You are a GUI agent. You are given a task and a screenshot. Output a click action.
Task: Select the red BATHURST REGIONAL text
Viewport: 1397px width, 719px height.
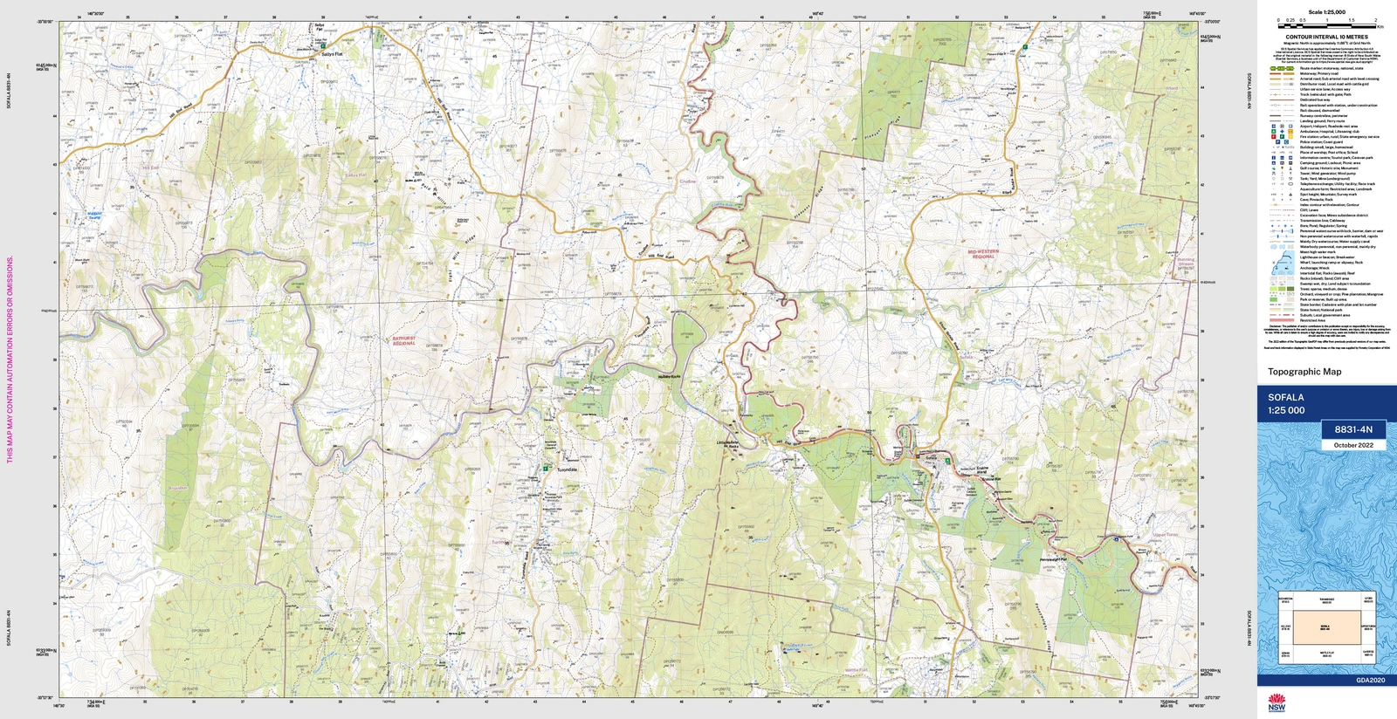coord(403,340)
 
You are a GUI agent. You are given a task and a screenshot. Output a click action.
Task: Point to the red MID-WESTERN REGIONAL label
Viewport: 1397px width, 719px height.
coord(982,254)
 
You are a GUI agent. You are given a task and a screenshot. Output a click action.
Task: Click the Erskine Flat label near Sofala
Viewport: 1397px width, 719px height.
coord(990,479)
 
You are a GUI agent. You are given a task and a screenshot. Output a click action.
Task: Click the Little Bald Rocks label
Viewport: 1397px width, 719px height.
coord(733,443)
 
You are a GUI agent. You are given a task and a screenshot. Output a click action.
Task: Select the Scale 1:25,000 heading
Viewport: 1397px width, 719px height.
coord(1326,12)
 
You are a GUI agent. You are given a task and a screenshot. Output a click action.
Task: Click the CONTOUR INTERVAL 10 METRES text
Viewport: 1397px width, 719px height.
coord(1326,38)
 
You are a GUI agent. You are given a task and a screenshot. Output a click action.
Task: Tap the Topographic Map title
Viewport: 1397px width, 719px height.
coord(1304,372)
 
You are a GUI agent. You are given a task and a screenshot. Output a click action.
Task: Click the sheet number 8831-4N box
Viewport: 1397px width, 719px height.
coord(1352,429)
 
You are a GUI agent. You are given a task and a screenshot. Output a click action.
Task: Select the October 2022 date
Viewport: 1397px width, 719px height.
coord(1352,445)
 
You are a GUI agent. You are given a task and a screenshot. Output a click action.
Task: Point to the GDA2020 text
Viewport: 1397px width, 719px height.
coord(1370,680)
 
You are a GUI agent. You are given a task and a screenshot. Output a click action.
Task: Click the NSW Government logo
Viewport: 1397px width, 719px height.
coord(1277,702)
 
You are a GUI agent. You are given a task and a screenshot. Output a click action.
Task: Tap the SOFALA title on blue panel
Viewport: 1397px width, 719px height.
coord(1285,398)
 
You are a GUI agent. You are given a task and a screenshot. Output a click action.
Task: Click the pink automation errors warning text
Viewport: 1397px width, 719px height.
coord(10,359)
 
